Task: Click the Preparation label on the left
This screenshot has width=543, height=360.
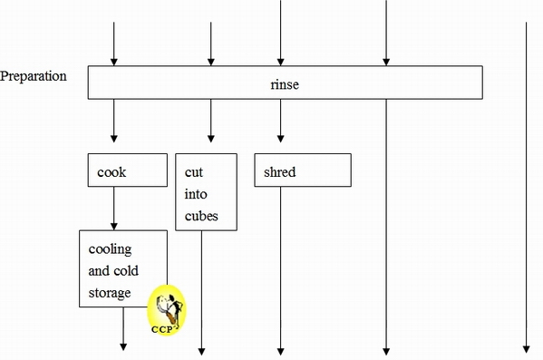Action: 34,76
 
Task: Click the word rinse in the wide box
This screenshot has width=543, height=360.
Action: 284,84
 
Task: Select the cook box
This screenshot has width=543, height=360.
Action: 128,170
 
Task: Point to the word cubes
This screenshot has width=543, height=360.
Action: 201,218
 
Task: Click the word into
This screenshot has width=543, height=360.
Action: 196,194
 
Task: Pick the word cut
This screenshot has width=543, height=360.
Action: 193,171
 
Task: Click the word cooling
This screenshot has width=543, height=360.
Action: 111,248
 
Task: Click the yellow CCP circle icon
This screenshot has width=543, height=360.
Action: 167,308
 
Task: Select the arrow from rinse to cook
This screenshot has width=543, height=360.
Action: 114,122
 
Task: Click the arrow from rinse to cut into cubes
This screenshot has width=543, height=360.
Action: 211,122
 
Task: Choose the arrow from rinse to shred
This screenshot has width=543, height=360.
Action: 280,122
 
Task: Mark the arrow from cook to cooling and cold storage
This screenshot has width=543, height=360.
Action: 114,208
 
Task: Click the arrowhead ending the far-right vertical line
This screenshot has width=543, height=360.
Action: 525,348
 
